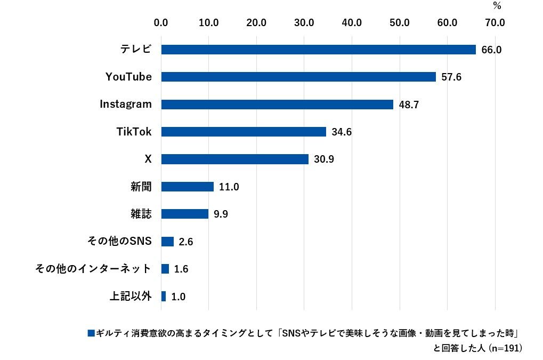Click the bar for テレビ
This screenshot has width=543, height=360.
[318, 50]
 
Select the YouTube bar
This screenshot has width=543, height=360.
[298, 77]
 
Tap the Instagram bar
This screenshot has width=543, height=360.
[277, 105]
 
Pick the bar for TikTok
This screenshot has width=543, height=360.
[244, 132]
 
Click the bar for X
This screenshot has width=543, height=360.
[234, 159]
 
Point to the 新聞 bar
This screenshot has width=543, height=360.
[187, 187]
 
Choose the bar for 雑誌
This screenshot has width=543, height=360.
[184, 214]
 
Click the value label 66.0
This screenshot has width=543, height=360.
[491, 50]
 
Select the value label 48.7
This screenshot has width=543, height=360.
[409, 105]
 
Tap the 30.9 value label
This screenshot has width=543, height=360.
[324, 159]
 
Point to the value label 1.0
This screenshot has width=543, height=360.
[179, 297]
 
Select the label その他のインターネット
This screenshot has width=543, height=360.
[93, 269]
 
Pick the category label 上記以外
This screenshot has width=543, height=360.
[131, 296]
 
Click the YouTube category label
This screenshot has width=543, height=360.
[128, 77]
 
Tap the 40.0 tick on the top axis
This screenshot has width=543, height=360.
[352, 23]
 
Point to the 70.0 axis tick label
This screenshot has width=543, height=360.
[495, 23]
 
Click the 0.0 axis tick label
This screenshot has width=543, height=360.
[161, 23]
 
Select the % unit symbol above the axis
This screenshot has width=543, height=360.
[497, 6]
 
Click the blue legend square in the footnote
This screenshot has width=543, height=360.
[91, 333]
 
